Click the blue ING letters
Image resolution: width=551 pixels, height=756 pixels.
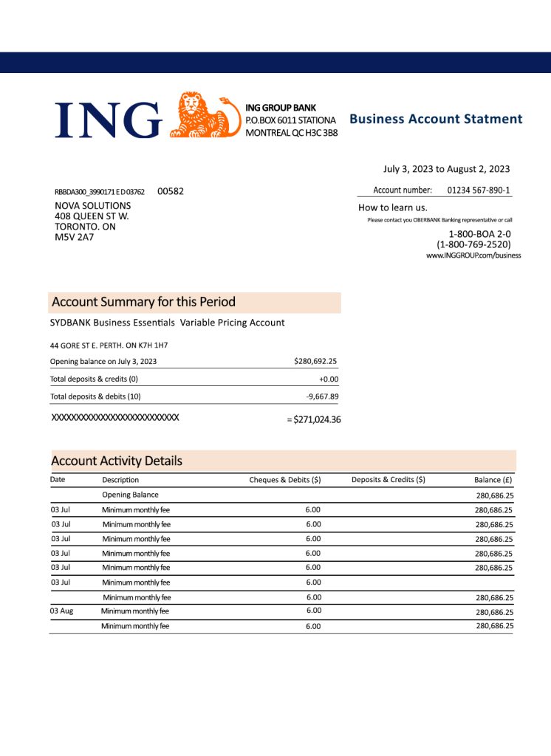point(108,120)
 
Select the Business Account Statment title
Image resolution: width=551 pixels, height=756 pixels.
point(436,119)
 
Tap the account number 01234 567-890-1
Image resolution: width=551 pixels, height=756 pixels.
point(479,190)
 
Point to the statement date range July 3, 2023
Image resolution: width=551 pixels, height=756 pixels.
point(446,169)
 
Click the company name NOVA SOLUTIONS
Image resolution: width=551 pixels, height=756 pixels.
point(93,206)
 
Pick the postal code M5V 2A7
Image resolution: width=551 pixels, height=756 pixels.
point(75,237)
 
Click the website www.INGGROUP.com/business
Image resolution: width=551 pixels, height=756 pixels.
point(473,255)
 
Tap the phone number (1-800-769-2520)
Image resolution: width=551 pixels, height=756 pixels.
point(473,244)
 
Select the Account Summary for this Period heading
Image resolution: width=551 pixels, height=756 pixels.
point(144,302)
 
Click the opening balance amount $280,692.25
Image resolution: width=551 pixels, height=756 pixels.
point(315,361)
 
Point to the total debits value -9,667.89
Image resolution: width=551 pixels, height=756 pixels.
point(322,396)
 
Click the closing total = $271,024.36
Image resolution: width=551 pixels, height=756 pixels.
point(313,420)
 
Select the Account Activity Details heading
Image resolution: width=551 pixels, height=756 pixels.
point(117,461)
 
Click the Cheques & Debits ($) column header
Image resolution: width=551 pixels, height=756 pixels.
point(285,480)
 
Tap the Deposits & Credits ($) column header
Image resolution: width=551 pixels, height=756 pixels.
point(389,480)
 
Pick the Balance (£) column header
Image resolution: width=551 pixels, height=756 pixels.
point(493,480)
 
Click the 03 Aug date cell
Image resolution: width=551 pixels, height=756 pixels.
point(61,611)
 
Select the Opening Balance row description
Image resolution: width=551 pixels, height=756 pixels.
point(130,495)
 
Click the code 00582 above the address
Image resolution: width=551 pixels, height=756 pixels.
point(171,191)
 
